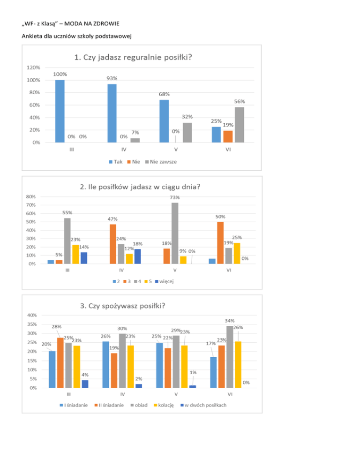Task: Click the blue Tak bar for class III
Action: click(60, 111)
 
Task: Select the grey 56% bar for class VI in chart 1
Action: click(239, 125)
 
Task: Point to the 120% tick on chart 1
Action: click(33, 68)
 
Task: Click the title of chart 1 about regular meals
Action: click(134, 58)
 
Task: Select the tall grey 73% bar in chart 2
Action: click(175, 233)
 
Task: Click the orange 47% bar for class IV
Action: click(113, 244)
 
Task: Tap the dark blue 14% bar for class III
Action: click(83, 258)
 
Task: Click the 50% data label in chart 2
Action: click(220, 217)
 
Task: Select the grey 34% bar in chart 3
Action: click(230, 357)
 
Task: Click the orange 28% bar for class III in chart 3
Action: click(60, 362)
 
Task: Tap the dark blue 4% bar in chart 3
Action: click(84, 383)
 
